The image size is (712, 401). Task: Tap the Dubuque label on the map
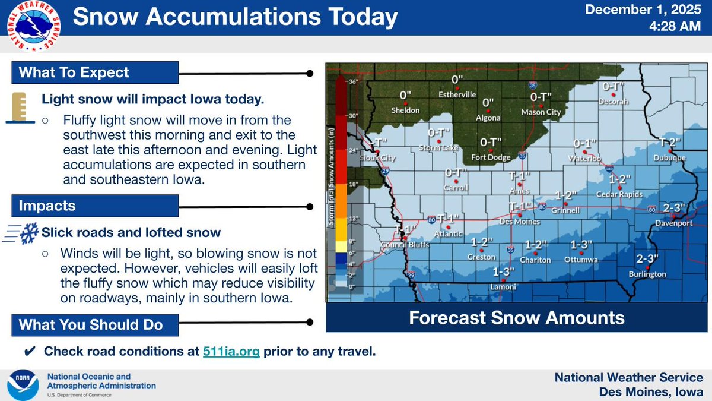point(669,157)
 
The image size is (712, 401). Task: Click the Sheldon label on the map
point(406,110)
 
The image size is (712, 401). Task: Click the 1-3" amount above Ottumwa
point(581,245)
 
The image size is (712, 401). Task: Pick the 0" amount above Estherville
point(457,80)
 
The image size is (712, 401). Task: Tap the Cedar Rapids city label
point(619,194)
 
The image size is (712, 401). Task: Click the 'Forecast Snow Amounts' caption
point(517,318)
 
